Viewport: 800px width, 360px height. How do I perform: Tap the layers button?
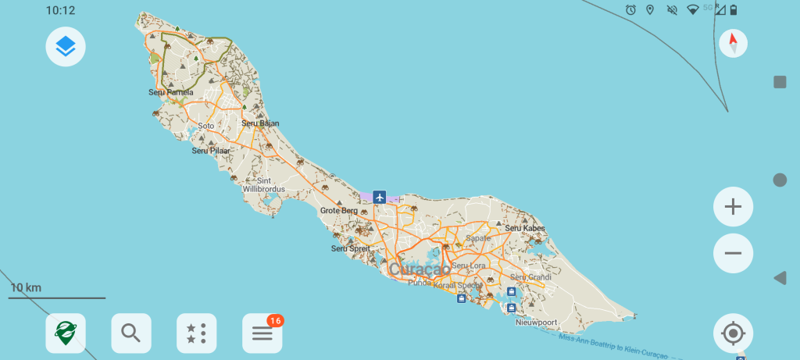pyautogui.click(x=66, y=47)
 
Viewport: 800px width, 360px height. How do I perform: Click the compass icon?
pyautogui.click(x=733, y=43)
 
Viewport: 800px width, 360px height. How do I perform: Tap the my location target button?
pyautogui.click(x=733, y=333)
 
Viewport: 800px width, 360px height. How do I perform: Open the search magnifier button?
pyautogui.click(x=131, y=333)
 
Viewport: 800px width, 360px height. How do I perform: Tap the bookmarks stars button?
pyautogui.click(x=197, y=333)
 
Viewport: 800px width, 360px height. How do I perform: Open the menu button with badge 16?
pyautogui.click(x=262, y=333)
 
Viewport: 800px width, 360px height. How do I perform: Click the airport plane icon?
pyautogui.click(x=380, y=197)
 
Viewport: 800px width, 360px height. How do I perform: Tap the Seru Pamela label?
pyautogui.click(x=170, y=92)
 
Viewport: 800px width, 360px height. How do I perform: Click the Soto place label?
pyautogui.click(x=206, y=126)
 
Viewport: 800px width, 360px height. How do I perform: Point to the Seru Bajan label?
pyautogui.click(x=260, y=123)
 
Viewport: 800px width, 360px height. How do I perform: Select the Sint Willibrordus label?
pyautogui.click(x=264, y=185)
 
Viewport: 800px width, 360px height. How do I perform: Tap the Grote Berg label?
pyautogui.click(x=339, y=211)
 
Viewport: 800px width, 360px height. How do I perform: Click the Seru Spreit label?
pyautogui.click(x=350, y=248)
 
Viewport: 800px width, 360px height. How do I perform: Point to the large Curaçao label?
pyautogui.click(x=420, y=269)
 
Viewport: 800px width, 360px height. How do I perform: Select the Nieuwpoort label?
pyautogui.click(x=537, y=321)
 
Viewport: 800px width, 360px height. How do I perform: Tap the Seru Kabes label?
pyautogui.click(x=524, y=228)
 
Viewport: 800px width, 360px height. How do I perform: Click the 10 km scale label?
pyautogui.click(x=26, y=287)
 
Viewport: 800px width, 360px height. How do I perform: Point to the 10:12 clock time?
pyautogui.click(x=60, y=10)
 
